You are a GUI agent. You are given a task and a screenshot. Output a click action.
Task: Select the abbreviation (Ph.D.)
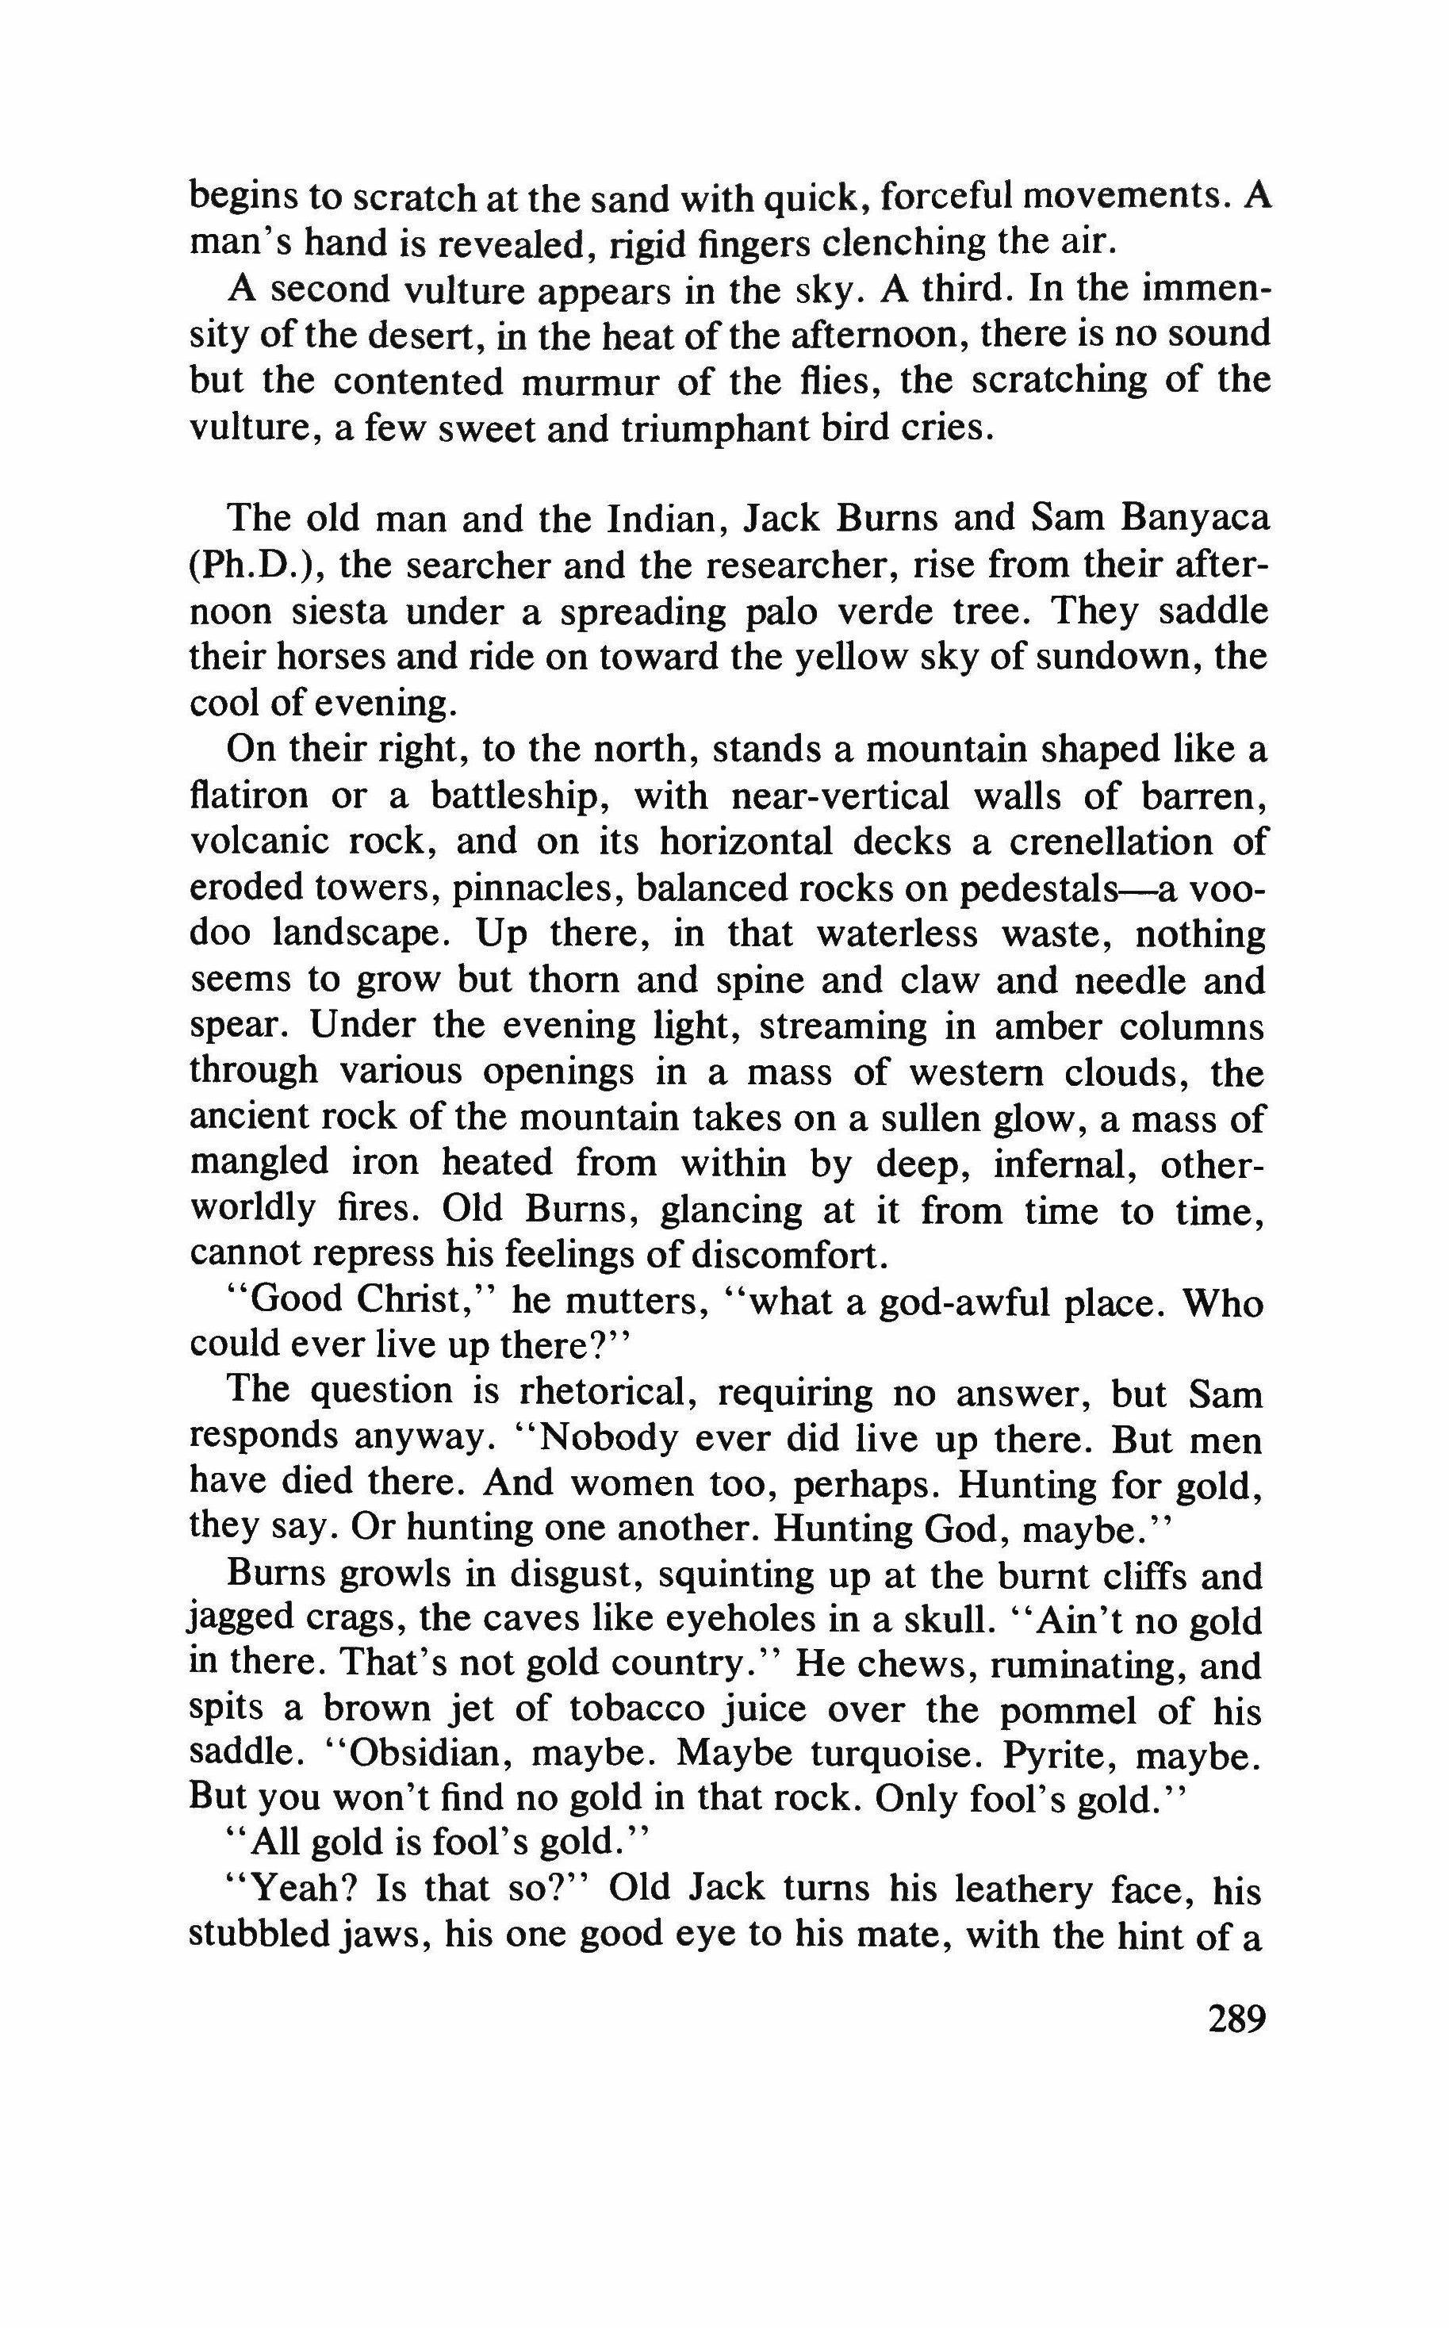pyautogui.click(x=253, y=566)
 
